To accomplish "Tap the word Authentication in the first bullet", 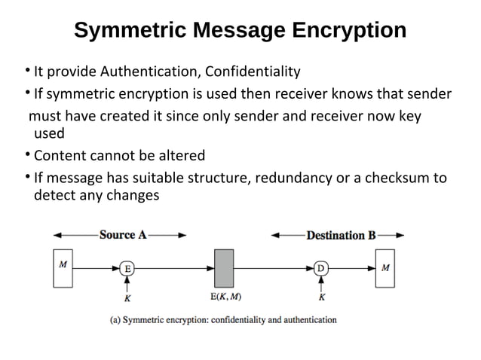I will coord(144,72).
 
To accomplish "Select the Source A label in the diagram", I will coord(123,235).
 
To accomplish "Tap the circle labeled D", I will coord(321,267).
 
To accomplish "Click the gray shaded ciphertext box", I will coord(224,267).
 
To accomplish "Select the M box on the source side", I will coord(63,267).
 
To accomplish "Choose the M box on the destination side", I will coord(385,267).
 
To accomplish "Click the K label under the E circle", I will coord(128,296).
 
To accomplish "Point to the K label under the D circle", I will coord(322,296).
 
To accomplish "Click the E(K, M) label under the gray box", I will coord(225,295).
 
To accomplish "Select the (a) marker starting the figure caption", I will coord(117,319).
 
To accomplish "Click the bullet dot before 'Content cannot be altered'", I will coord(26,155).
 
